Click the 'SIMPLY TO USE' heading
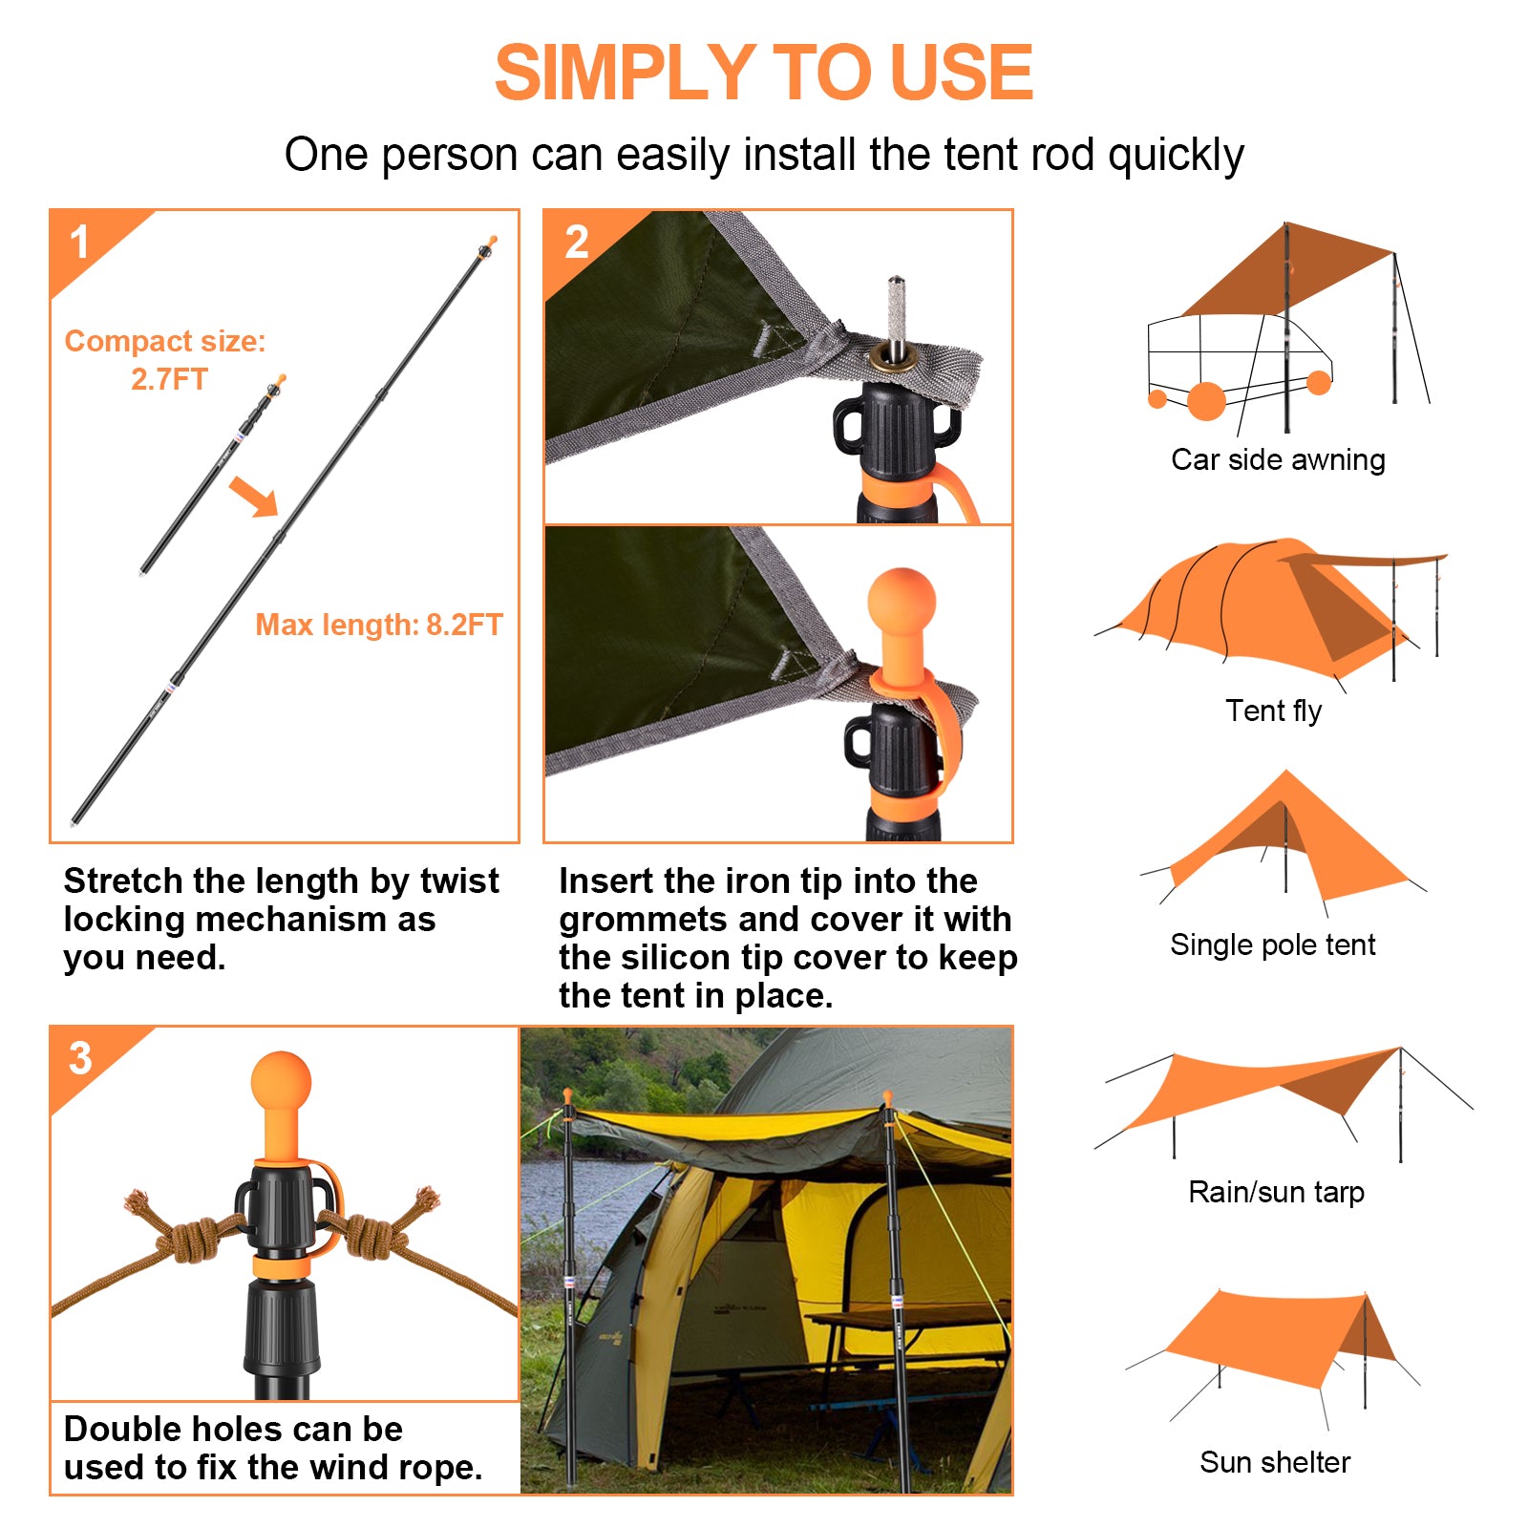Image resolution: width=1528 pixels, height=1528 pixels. (764, 73)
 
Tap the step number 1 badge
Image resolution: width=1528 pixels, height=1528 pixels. (80, 242)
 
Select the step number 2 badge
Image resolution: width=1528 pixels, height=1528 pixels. (577, 243)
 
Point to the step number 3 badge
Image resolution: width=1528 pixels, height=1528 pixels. (81, 1058)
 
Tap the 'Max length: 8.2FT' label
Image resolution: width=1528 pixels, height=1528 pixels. (379, 625)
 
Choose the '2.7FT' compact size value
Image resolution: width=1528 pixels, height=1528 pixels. (169, 379)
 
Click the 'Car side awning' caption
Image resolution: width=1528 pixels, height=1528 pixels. (1278, 460)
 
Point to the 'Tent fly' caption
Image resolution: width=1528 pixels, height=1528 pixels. (1274, 711)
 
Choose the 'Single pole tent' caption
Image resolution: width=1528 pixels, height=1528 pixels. (1273, 945)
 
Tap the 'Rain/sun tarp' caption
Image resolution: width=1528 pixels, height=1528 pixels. (1277, 1193)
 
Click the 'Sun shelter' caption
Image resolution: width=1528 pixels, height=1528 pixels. (1275, 1462)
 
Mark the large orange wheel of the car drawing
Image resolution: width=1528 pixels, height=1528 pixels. (1206, 401)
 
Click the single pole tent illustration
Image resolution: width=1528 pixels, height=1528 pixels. (1284, 840)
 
